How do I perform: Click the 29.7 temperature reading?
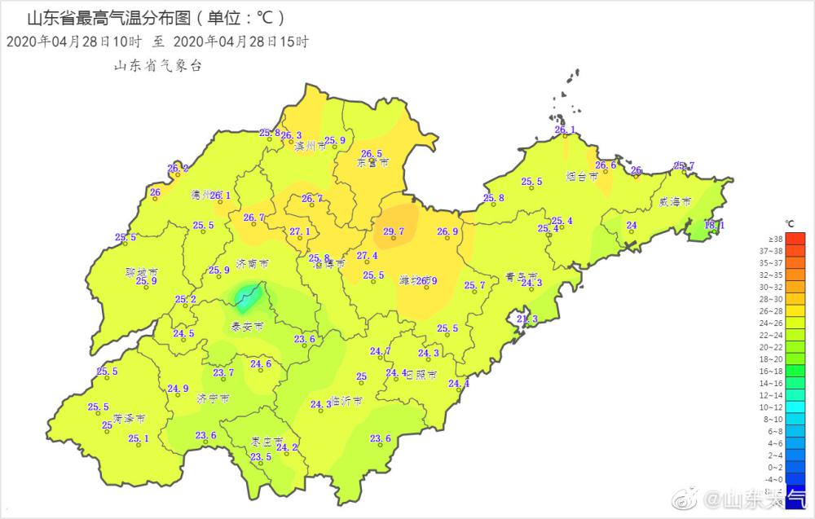(x=394, y=232)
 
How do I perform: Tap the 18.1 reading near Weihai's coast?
(x=713, y=225)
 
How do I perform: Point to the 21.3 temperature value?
(x=527, y=319)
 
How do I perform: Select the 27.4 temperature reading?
(x=367, y=256)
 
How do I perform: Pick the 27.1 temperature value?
(x=300, y=232)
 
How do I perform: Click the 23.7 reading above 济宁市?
(x=223, y=373)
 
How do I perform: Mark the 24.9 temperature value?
(x=178, y=389)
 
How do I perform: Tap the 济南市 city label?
(x=253, y=264)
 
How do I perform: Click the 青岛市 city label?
(x=522, y=275)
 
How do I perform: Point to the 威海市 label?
(x=676, y=200)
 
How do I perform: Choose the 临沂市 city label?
(x=346, y=402)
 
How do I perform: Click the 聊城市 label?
(x=141, y=271)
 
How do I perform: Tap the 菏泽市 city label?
(x=130, y=418)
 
